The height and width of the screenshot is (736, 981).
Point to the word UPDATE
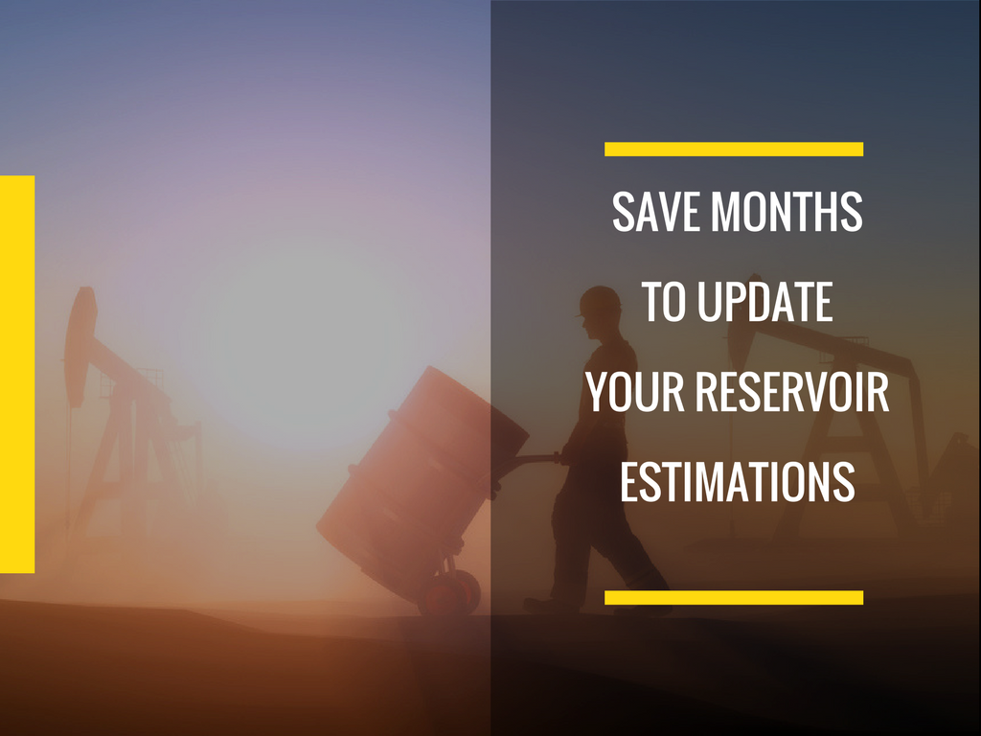point(765,302)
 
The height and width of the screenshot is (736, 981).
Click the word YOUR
point(636,392)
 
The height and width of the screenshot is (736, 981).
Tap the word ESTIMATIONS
point(738,481)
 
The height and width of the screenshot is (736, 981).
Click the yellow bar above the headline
point(734,149)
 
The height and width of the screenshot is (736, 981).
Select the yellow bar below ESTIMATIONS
point(734,598)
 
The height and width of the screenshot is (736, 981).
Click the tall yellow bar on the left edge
point(17,375)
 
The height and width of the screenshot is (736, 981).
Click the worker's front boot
point(544,605)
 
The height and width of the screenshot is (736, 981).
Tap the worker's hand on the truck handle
point(564,455)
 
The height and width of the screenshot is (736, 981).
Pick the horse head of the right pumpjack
point(743,326)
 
